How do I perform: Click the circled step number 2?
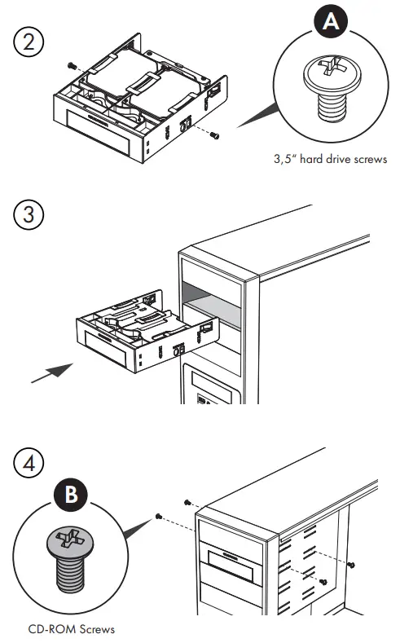click(29, 42)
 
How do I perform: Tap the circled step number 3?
click(29, 214)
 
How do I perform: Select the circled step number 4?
click(29, 463)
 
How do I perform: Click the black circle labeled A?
click(331, 21)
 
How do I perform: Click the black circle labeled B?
click(71, 494)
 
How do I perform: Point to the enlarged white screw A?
click(332, 89)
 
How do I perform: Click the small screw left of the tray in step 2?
click(73, 66)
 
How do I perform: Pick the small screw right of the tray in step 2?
click(214, 135)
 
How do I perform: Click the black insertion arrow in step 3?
click(52, 373)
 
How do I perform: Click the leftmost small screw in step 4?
click(158, 517)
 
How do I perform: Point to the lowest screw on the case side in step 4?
click(323, 582)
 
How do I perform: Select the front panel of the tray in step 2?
click(99, 125)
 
